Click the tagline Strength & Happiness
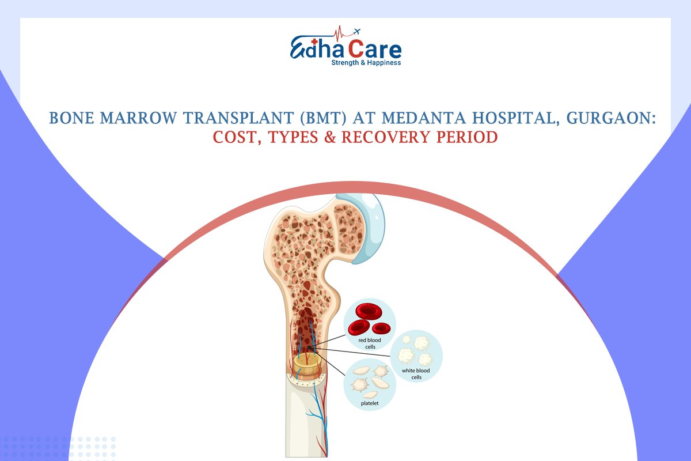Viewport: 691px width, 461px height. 366,62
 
